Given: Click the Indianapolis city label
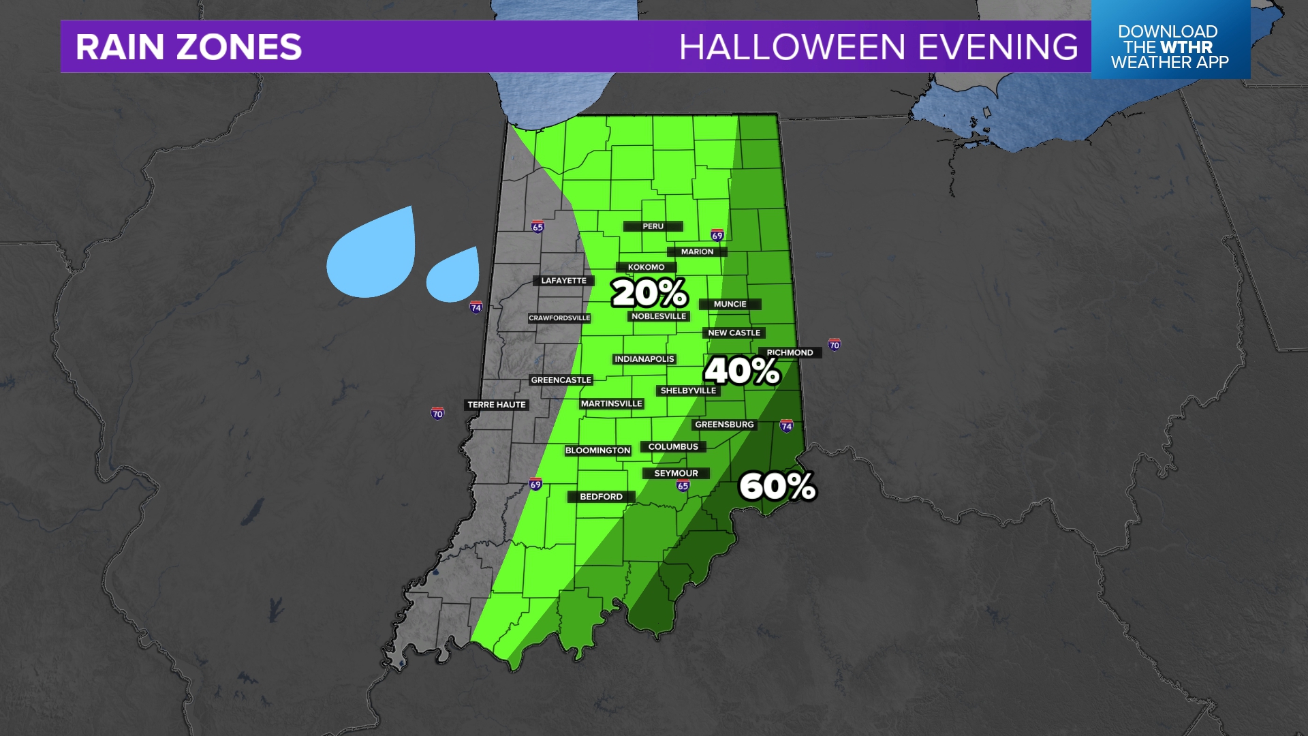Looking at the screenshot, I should click(x=644, y=359).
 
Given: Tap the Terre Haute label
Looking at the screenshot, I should click(x=496, y=405).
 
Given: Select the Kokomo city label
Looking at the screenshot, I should click(x=646, y=267).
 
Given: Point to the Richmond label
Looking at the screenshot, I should click(x=790, y=352).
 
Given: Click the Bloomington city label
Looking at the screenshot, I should click(x=597, y=450).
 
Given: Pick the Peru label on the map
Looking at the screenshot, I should click(x=653, y=226).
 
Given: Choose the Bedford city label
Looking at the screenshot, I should click(x=601, y=497).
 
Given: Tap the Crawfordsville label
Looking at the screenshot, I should click(x=559, y=318).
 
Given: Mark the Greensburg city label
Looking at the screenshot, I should click(x=724, y=425).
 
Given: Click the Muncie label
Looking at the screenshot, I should click(x=730, y=304).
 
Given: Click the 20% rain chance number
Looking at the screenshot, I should click(x=649, y=294).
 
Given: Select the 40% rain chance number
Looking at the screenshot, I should click(x=741, y=371).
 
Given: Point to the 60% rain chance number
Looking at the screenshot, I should click(x=777, y=487).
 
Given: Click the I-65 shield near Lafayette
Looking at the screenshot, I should click(x=538, y=227).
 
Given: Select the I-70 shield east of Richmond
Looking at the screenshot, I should click(x=834, y=345).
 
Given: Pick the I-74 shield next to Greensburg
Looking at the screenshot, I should click(x=786, y=426).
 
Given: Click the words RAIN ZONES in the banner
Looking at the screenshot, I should click(x=189, y=47).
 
